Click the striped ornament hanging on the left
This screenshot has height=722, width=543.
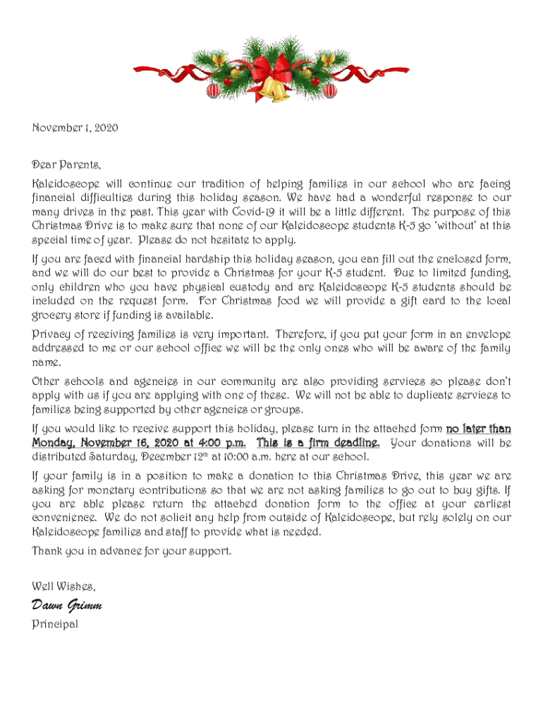pos(212,90)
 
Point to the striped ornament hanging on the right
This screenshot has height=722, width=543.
pos(329,90)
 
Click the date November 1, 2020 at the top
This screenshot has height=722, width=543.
pos(75,128)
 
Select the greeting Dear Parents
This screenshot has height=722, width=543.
pos(67,166)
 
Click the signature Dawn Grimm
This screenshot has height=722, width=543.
pos(68,606)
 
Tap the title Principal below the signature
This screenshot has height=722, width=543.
pos(55,625)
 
